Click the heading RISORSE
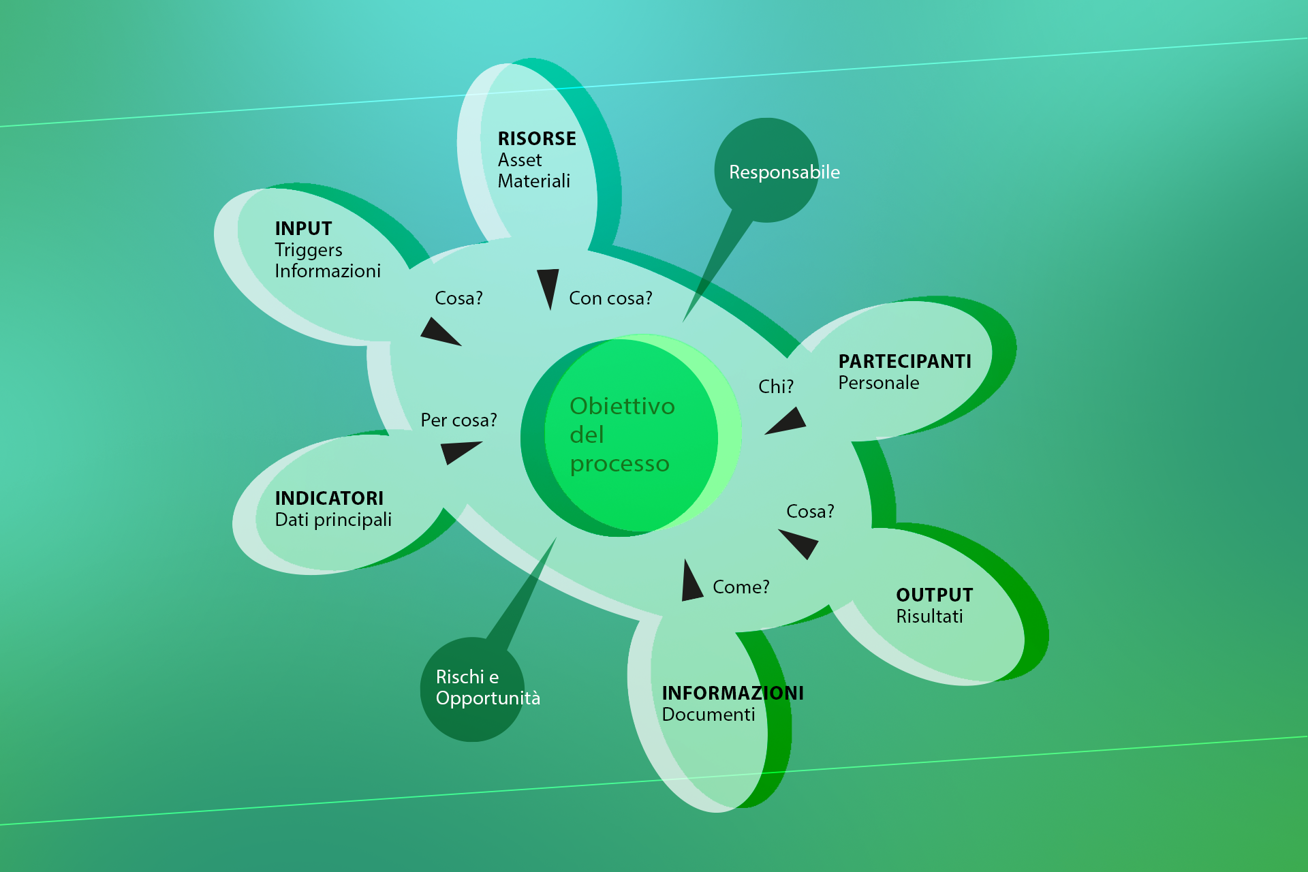tap(537, 138)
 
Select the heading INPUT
tap(303, 228)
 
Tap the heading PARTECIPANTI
tap(905, 361)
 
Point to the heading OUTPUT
tap(934, 595)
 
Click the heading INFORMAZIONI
tap(733, 693)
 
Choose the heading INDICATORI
tap(329, 498)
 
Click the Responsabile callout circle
tap(766, 170)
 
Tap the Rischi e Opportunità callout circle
tap(472, 689)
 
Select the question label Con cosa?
tap(610, 298)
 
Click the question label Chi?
tap(776, 387)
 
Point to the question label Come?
tap(741, 587)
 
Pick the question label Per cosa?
tap(458, 420)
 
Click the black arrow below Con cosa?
tap(548, 287)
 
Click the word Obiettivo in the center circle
tap(622, 406)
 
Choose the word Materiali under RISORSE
tap(534, 181)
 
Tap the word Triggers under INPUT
tap(309, 251)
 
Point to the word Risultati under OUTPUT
tap(929, 617)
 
